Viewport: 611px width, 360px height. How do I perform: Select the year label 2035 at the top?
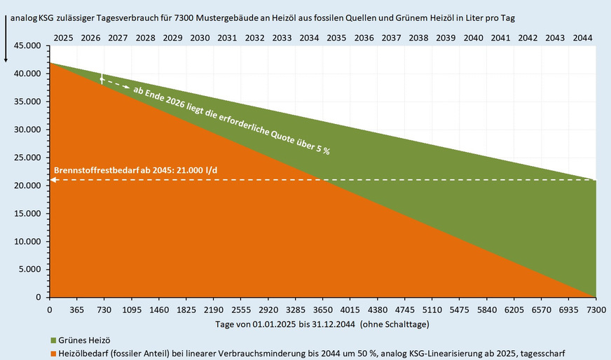336,36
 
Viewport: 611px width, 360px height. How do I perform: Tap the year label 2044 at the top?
582,36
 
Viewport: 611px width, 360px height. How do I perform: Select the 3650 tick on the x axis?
322,309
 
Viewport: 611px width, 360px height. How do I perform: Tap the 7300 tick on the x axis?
596,309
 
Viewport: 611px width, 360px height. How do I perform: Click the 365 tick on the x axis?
76,309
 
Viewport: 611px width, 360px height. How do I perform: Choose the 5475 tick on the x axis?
459,309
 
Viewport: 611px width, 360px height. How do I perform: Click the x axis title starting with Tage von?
322,324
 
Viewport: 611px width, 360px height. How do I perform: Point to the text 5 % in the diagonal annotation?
321,149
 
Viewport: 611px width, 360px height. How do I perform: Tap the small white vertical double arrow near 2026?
102,79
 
